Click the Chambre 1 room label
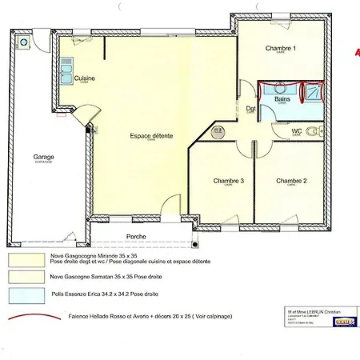click(x=281, y=49)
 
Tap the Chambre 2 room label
click(x=292, y=181)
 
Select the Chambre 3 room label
click(x=229, y=181)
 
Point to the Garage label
click(x=43, y=157)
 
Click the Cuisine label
click(x=85, y=78)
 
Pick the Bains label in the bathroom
click(x=282, y=99)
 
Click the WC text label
click(x=296, y=130)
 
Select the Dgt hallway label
click(x=250, y=109)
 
